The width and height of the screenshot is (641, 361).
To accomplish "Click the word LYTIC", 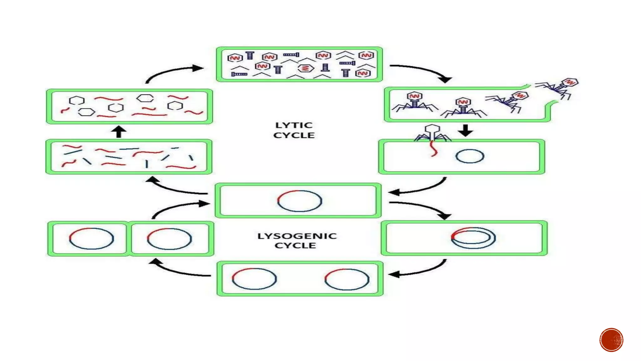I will click(x=294, y=125).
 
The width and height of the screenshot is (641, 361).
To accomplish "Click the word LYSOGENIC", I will click(x=297, y=236).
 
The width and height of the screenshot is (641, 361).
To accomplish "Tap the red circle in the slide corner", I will click(x=611, y=340).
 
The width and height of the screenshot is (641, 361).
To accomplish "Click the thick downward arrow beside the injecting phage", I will click(x=465, y=130).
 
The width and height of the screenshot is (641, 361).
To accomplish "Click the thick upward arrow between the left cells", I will click(x=119, y=132).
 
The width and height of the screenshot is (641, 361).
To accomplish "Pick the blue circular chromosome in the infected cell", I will click(x=469, y=156).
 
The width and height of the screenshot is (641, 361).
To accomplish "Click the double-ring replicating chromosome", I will click(x=473, y=238).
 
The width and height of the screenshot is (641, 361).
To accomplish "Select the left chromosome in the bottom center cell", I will click(x=254, y=279).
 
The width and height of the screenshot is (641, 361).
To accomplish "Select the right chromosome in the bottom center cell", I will click(x=347, y=279).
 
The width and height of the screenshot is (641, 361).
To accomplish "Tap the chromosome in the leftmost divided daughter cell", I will click(x=91, y=238).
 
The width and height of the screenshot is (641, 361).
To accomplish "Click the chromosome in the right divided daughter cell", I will click(x=169, y=239).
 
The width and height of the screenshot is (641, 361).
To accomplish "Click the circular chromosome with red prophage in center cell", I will click(x=300, y=201).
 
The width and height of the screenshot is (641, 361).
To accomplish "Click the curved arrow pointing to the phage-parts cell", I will click(x=174, y=71).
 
